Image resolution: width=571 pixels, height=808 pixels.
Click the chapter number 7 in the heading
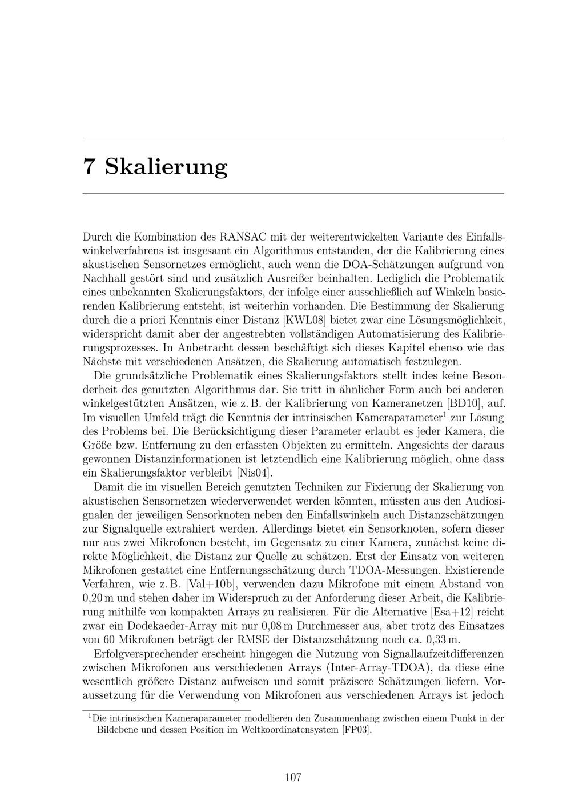click(89, 166)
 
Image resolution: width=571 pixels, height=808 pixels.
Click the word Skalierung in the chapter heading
click(166, 166)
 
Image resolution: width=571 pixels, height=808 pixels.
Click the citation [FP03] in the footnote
click(356, 730)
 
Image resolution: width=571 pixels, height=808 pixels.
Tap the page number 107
click(293, 777)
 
